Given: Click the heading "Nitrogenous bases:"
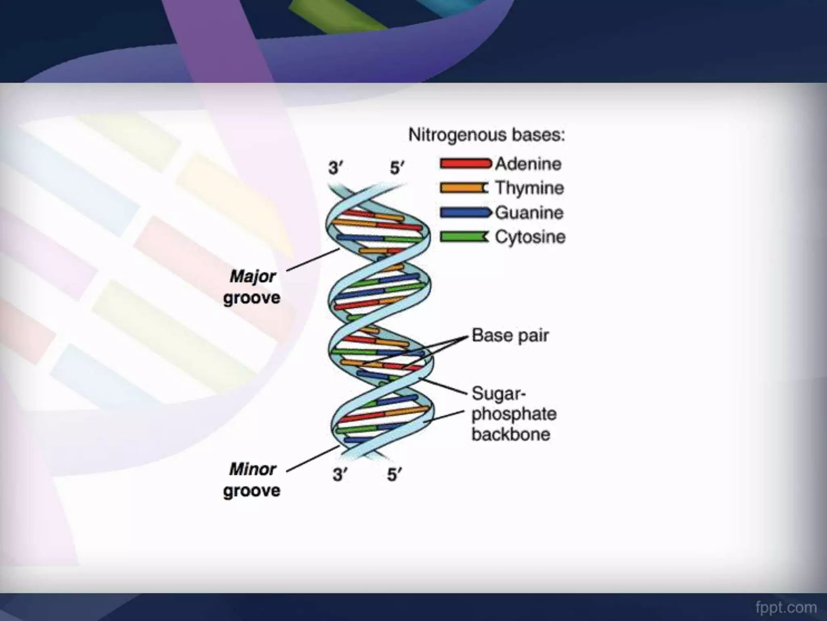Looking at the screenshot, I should tap(487, 135).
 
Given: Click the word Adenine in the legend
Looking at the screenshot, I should tap(528, 164).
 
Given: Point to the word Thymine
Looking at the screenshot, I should tap(529, 188).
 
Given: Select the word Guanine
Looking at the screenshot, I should tap(529, 213).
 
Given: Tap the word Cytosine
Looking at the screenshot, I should tap(530, 237).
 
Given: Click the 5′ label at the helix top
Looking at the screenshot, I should tap(397, 167).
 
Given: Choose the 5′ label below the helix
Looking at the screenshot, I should tap(395, 475).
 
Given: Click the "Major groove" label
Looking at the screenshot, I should tap(252, 287).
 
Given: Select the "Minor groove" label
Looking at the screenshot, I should tap(252, 480).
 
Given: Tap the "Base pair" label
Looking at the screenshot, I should tap(510, 336).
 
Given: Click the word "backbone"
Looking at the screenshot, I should tap(511, 435).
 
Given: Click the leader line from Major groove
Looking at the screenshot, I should tap(313, 260).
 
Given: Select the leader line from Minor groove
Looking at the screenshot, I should tap(313, 459).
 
